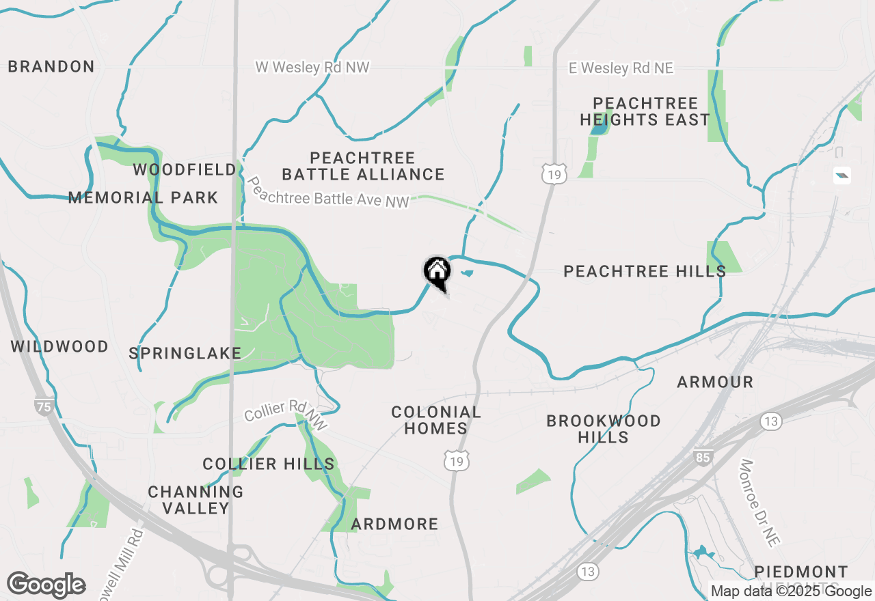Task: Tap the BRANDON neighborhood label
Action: click(x=51, y=66)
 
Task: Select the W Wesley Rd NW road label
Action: click(x=312, y=67)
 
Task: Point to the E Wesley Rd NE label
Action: click(x=621, y=68)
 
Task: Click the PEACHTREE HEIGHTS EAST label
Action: click(x=645, y=111)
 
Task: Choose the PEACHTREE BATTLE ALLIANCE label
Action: click(x=363, y=166)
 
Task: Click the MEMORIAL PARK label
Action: click(x=143, y=198)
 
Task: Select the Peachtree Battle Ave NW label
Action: click(x=328, y=193)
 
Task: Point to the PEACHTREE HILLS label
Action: click(x=645, y=271)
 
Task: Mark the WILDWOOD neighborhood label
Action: click(x=59, y=346)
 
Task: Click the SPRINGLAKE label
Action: click(x=185, y=353)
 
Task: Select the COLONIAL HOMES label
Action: click(x=435, y=420)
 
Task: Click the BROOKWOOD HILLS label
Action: click(x=604, y=429)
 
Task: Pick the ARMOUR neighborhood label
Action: click(x=715, y=382)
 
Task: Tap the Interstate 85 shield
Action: click(x=702, y=457)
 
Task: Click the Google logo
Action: click(x=46, y=585)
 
